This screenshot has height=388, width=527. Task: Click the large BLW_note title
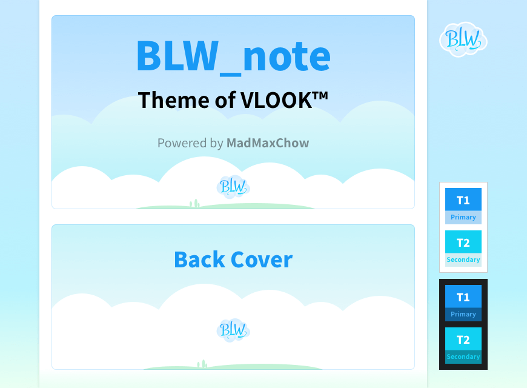point(233,56)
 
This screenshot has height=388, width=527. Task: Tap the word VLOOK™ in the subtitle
point(284,100)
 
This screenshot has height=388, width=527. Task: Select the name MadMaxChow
point(268,143)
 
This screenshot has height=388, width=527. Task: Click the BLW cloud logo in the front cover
point(233,187)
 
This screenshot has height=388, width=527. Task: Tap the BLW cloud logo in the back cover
point(233,330)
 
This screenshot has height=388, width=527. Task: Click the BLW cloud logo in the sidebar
point(463,39)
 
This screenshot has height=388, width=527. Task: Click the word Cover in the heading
point(262,259)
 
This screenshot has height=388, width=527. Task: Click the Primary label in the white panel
point(463,218)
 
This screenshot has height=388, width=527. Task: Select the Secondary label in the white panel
point(463,260)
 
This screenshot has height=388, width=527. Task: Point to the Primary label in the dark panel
point(463,314)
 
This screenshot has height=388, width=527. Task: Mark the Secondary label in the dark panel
point(463,356)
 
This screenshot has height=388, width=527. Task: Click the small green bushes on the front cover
point(194,203)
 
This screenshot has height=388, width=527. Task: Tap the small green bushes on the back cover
point(202,364)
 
